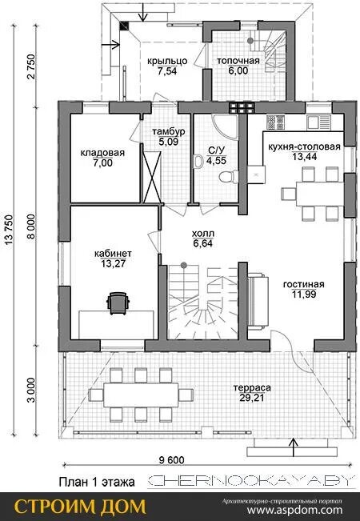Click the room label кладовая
pyautogui.click(x=102, y=153)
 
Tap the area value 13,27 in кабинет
pyautogui.click(x=114, y=264)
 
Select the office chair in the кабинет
pyautogui.click(x=118, y=303)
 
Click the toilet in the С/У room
pyautogui.click(x=229, y=176)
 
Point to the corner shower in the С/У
pyautogui.click(x=226, y=126)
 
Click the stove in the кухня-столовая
pyautogui.click(x=276, y=122)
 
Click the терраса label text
pyautogui.click(x=252, y=387)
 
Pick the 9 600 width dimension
pyautogui.click(x=172, y=460)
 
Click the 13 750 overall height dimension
pyautogui.click(x=9, y=230)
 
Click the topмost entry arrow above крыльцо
pyautogui.click(x=143, y=12)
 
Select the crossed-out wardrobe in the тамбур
pyautogui.click(x=152, y=176)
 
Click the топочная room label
pyautogui.click(x=238, y=61)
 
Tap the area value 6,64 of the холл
pyautogui.click(x=202, y=243)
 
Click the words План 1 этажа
pyautogui.click(x=97, y=482)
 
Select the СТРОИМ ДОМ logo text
pyautogui.click(x=80, y=507)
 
